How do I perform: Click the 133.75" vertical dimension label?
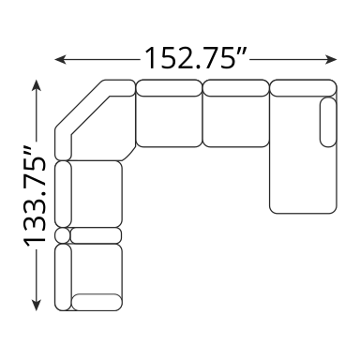click(35, 196)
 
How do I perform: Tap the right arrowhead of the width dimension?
click(331, 59)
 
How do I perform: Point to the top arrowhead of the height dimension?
click(37, 85)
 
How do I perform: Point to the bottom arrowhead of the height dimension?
click(37, 305)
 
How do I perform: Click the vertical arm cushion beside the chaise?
click(328, 122)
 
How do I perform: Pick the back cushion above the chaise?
click(303, 88)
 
